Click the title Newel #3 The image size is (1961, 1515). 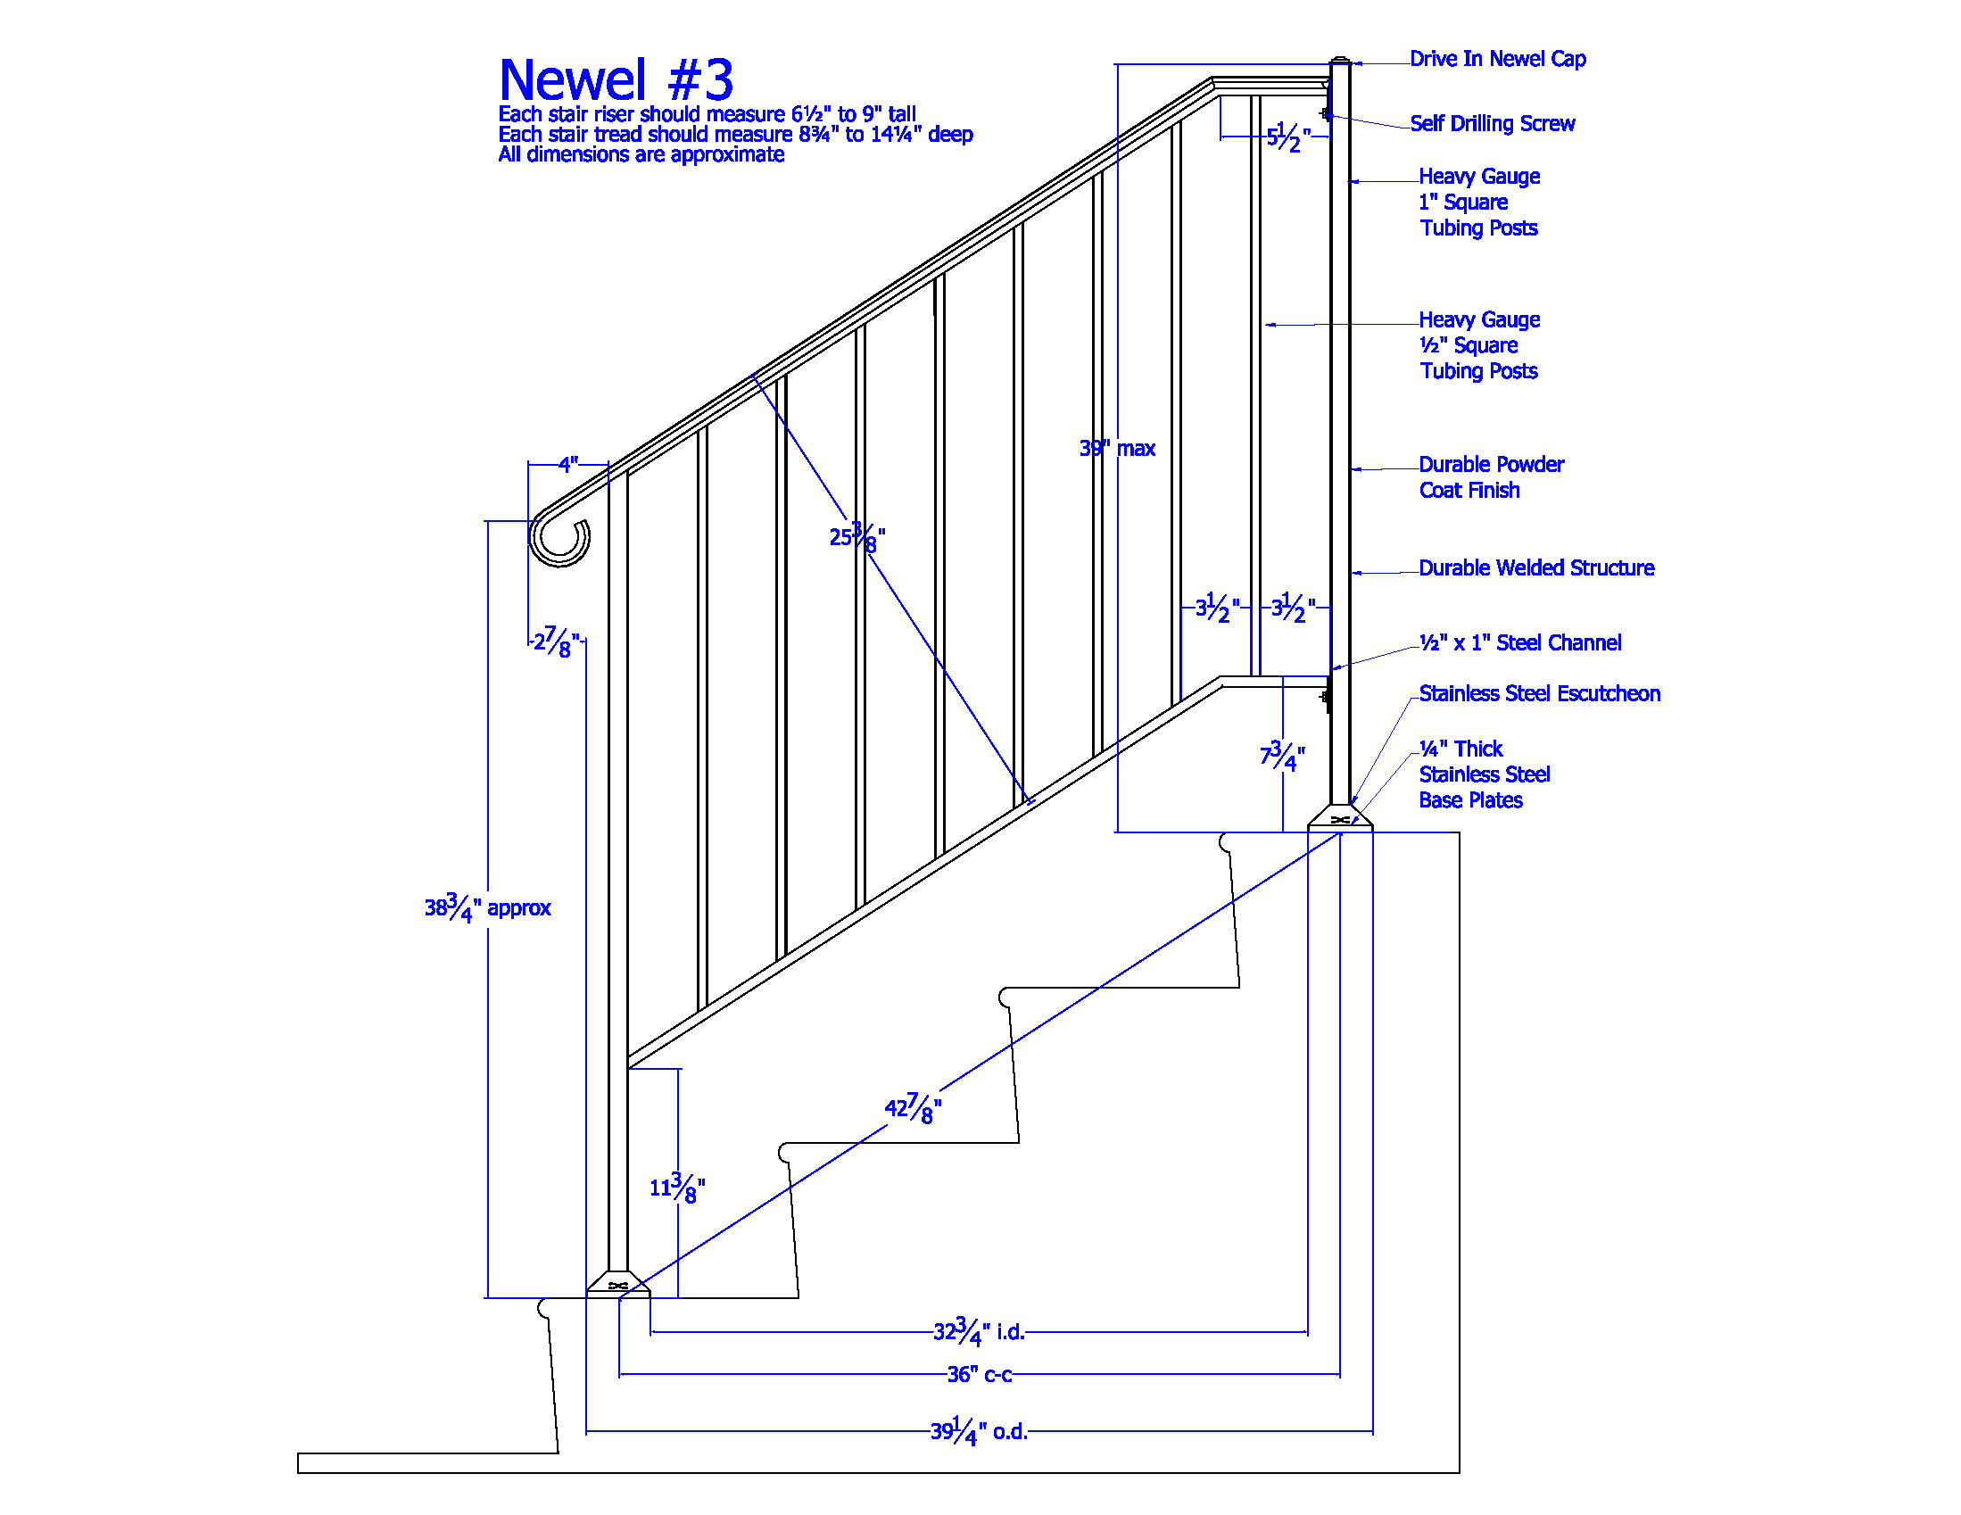[x=616, y=79]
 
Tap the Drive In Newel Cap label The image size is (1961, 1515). [x=1498, y=59]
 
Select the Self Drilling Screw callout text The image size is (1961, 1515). [x=1493, y=124]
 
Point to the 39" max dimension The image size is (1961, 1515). [x=1117, y=448]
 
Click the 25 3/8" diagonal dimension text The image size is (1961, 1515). [x=857, y=536]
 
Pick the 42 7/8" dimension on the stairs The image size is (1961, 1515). [x=914, y=1108]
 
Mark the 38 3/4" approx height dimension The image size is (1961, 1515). [x=487, y=908]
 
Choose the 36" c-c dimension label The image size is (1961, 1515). [x=980, y=1375]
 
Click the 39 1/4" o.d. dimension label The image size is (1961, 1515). [x=979, y=1430]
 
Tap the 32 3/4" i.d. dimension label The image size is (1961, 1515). [x=979, y=1331]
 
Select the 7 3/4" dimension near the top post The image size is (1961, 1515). [x=1282, y=756]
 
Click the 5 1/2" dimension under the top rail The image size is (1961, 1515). [x=1288, y=137]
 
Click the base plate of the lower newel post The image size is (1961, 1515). [x=617, y=1283]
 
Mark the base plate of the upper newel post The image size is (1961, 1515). [x=1340, y=817]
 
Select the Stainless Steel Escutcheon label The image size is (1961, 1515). [x=1540, y=694]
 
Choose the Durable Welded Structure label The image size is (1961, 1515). [x=1536, y=568]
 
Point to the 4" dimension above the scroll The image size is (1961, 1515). [x=568, y=464]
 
